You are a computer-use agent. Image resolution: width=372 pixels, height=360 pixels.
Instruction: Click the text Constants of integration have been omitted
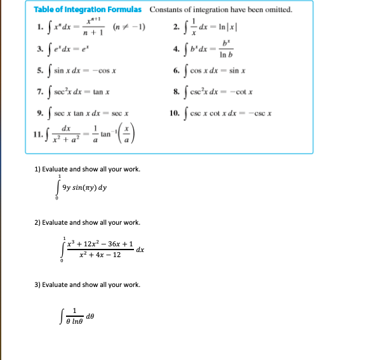[x=221, y=10]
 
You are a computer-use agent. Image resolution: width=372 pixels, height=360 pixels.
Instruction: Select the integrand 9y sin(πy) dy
[x=84, y=187]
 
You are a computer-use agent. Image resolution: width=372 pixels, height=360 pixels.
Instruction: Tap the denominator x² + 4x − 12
[x=99, y=255]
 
